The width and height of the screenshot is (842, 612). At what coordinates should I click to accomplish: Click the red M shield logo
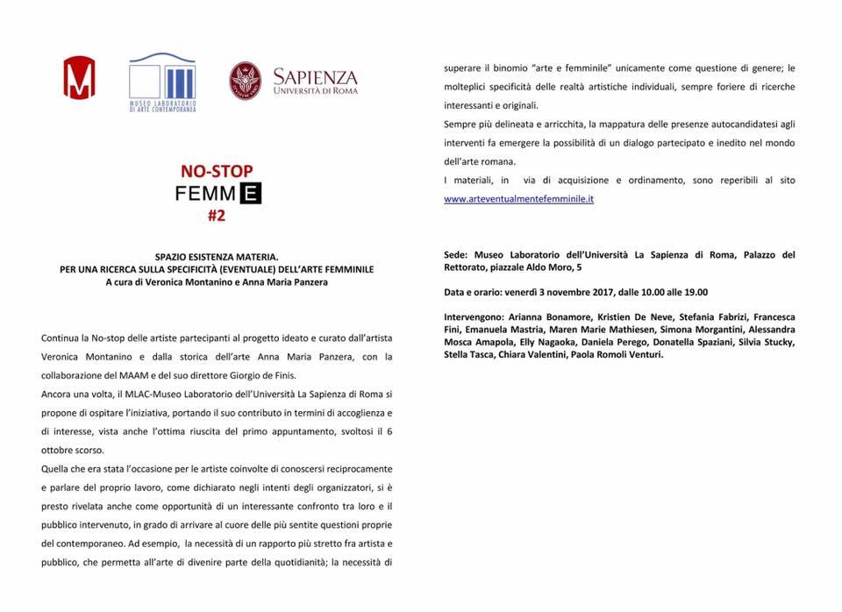pyautogui.click(x=78, y=77)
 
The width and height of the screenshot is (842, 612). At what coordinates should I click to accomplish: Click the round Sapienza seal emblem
pyautogui.click(x=245, y=80)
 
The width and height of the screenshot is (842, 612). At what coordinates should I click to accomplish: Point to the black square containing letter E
pyautogui.click(x=251, y=192)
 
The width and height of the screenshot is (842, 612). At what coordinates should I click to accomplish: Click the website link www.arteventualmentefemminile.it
pyautogui.click(x=518, y=199)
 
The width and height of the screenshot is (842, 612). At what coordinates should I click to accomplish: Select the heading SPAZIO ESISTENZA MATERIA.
pyautogui.click(x=203, y=257)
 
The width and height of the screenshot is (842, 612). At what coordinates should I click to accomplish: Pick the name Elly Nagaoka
pyautogui.click(x=548, y=342)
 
